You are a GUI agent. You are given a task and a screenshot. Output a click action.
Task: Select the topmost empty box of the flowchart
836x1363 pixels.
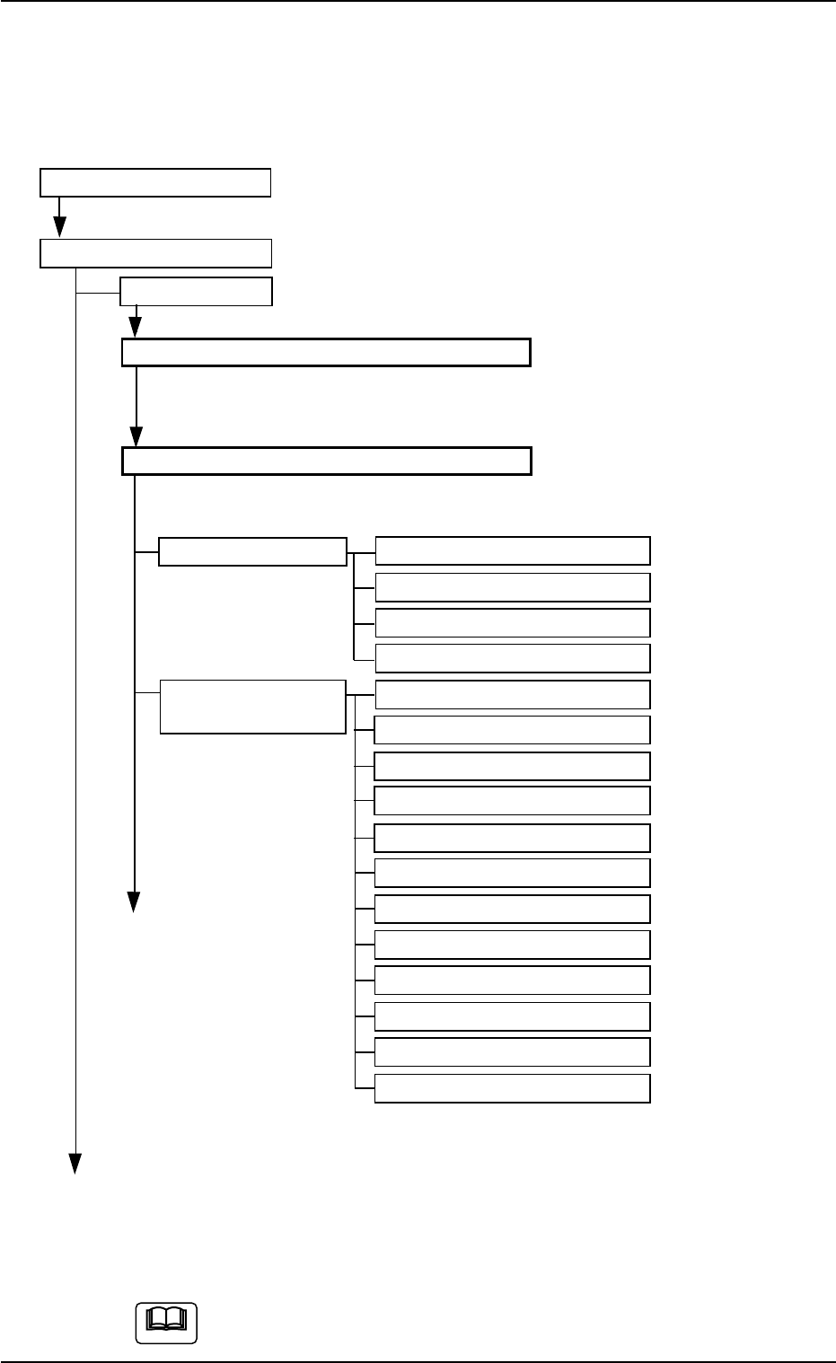coord(155,182)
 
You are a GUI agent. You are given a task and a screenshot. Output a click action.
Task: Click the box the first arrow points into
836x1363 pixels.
coord(155,253)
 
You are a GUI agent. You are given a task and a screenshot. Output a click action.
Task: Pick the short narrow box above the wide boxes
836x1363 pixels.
coord(197,292)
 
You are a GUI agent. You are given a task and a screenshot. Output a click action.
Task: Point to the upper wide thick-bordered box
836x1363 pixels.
coord(326,353)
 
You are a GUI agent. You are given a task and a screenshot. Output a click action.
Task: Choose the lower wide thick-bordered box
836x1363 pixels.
coord(326,461)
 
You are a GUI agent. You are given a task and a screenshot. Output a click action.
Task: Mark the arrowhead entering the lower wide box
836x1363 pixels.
coord(136,437)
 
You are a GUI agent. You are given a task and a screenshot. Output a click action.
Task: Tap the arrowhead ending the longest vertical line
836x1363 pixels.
coord(76,1162)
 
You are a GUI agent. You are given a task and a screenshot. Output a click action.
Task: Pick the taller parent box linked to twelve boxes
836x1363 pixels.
coord(252,707)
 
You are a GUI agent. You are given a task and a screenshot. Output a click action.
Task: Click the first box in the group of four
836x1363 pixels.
coord(512,550)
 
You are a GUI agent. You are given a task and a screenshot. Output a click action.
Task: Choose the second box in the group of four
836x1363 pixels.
coord(512,587)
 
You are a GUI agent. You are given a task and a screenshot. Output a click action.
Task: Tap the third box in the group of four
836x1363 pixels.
coord(512,622)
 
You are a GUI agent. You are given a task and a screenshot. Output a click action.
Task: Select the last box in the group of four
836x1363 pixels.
coord(512,658)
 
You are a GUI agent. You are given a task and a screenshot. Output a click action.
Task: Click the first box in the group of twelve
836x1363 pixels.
coord(512,695)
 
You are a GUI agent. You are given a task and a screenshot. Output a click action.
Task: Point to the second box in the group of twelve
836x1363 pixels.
coord(512,730)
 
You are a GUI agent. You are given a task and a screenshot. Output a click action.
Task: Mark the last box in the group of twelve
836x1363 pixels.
coord(512,1088)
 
